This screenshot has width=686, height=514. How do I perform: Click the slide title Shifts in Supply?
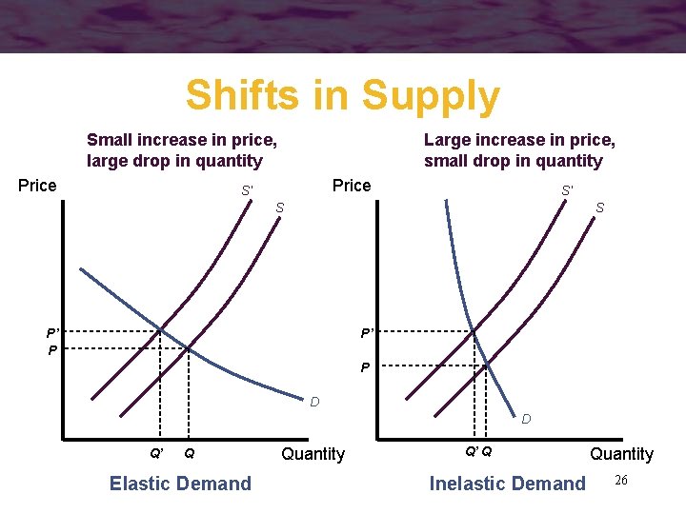[342, 96]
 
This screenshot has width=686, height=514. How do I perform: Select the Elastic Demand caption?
[180, 484]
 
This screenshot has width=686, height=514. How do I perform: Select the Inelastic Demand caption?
[508, 484]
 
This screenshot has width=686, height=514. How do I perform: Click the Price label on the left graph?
[37, 186]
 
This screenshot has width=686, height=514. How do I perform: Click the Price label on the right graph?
[352, 186]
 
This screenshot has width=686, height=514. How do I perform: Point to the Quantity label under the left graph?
[313, 454]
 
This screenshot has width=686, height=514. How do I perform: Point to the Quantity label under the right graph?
[621, 454]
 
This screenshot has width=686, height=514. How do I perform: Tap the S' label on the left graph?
[247, 190]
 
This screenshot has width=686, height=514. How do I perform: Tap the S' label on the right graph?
[567, 190]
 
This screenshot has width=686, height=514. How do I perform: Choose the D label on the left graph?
[314, 403]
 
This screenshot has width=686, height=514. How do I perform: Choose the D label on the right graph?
[526, 419]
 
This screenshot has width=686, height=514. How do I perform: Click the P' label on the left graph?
[53, 333]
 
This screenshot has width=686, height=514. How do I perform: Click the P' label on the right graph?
[367, 333]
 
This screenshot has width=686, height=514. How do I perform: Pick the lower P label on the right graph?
[365, 367]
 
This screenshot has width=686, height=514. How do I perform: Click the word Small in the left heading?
[108, 140]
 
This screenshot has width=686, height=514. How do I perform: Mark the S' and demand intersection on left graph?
[160, 330]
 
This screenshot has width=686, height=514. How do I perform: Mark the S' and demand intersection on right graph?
[473, 330]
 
